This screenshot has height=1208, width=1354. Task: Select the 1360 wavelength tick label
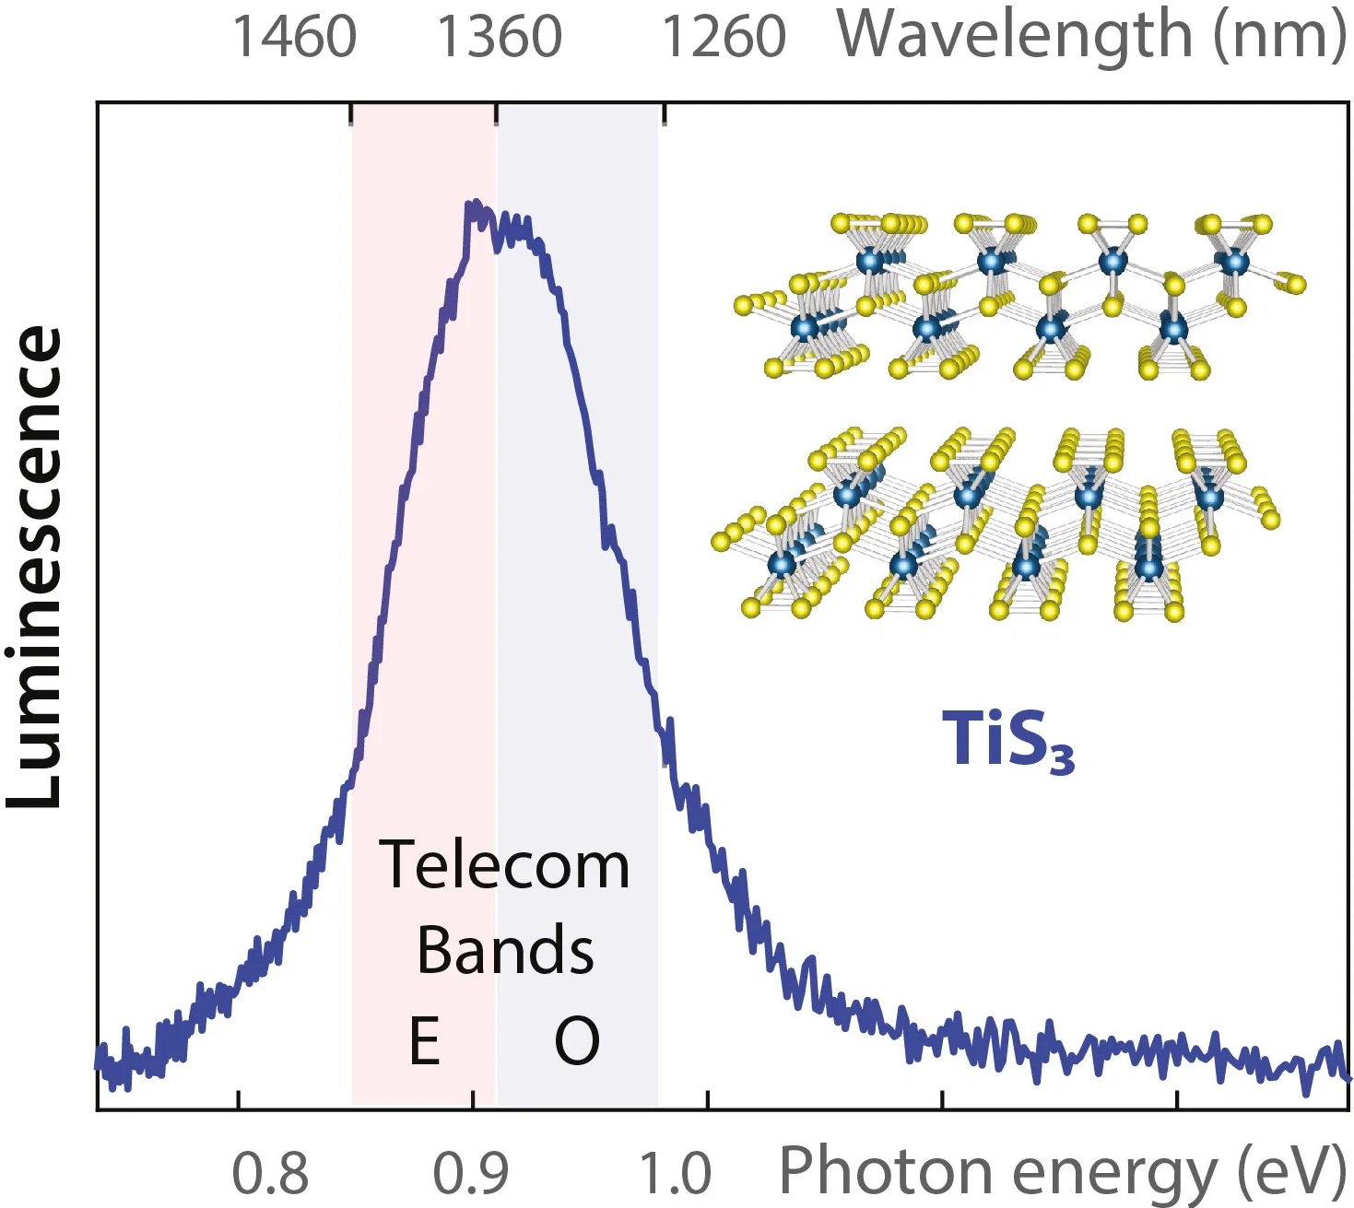[x=499, y=37]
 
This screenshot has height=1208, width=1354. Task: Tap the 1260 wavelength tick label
[x=724, y=37]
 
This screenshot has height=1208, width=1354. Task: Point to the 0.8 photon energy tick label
[x=269, y=1173]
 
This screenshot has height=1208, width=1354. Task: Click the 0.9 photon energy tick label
[x=471, y=1173]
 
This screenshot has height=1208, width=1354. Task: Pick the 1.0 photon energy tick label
[x=676, y=1173]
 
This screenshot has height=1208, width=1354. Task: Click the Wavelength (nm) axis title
[x=1091, y=35]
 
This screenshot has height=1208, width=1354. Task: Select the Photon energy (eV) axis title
[x=1063, y=1171]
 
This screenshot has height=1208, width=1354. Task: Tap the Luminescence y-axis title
[x=35, y=567]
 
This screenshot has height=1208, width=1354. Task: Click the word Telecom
[x=504, y=866]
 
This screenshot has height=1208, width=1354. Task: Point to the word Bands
[x=505, y=950]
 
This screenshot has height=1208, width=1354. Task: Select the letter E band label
[x=424, y=1041]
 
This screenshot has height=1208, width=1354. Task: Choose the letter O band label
[x=577, y=1041]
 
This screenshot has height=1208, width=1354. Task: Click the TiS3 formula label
[x=1007, y=740]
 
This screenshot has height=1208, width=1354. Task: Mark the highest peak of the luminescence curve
[x=474, y=204]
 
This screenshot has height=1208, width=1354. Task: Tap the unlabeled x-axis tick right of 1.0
[x=942, y=1101]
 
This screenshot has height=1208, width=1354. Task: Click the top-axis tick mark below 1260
[x=665, y=114]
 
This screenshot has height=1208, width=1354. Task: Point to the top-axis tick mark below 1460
[x=351, y=114]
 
